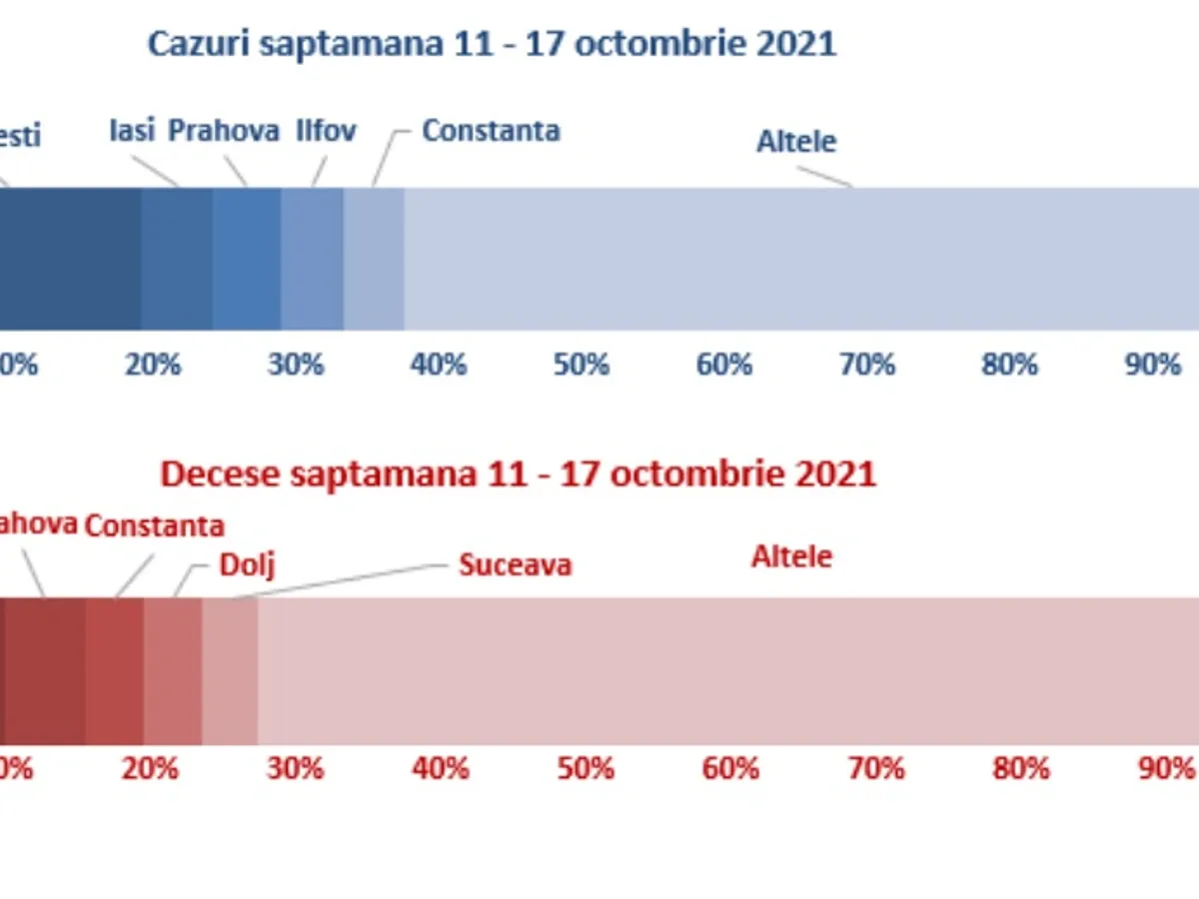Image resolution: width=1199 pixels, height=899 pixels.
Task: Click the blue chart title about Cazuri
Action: tap(492, 44)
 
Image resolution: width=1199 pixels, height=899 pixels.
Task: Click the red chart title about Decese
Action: tap(518, 473)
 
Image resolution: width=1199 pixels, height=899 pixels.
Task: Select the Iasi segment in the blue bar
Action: tap(176, 259)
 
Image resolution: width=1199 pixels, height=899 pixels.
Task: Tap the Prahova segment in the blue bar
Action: tap(246, 259)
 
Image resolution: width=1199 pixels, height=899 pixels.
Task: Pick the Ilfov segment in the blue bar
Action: tap(312, 259)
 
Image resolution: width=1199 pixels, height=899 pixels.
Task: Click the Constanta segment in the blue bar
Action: tap(374, 259)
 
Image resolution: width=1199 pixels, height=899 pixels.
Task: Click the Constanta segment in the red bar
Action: tap(114, 671)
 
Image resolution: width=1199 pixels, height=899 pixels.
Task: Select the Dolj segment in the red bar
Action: tap(173, 671)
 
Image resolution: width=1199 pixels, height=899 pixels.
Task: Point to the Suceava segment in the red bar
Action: tap(230, 671)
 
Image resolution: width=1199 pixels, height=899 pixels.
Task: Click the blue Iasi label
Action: tap(131, 131)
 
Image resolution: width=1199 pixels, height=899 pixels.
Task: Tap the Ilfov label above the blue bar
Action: tap(326, 131)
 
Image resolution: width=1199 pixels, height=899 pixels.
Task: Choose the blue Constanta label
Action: tap(491, 131)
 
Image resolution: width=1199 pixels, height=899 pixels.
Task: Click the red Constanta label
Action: tap(154, 526)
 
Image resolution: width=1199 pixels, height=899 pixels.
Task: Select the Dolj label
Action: tap(246, 565)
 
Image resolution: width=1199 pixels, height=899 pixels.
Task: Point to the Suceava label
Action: tap(515, 565)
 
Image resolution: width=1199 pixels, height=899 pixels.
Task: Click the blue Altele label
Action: tap(795, 142)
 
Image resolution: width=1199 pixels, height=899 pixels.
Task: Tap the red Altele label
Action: tap(791, 556)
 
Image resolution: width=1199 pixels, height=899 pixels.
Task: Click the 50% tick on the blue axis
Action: tap(581, 365)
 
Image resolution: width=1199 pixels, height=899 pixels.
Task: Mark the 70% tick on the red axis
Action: tap(876, 768)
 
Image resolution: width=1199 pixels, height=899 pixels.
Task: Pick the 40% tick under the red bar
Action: tap(441, 768)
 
